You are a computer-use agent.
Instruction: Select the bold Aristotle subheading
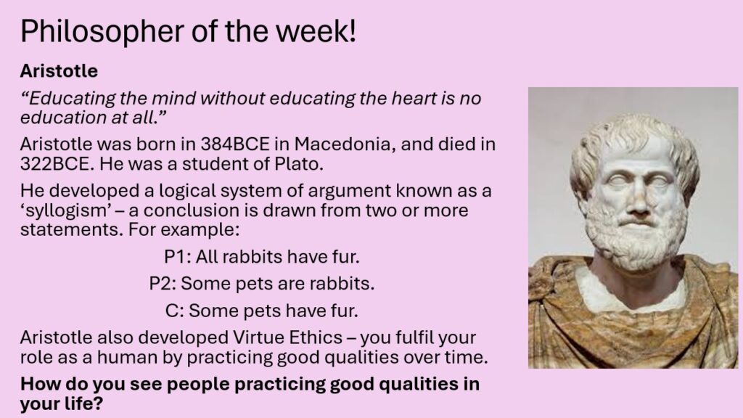[x=59, y=71]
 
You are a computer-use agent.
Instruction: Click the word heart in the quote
[x=414, y=98]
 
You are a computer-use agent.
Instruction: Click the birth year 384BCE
[x=235, y=144]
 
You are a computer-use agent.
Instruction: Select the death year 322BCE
[x=54, y=163]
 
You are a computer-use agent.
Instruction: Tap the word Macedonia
[x=345, y=144]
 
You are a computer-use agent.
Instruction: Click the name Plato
[x=299, y=163]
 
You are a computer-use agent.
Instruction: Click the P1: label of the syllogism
[x=177, y=257]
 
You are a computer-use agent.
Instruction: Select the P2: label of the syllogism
[x=163, y=284]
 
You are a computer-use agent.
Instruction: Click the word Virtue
[x=258, y=337]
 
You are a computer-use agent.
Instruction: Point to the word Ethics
[x=316, y=337]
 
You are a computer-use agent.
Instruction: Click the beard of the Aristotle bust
[x=635, y=237]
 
